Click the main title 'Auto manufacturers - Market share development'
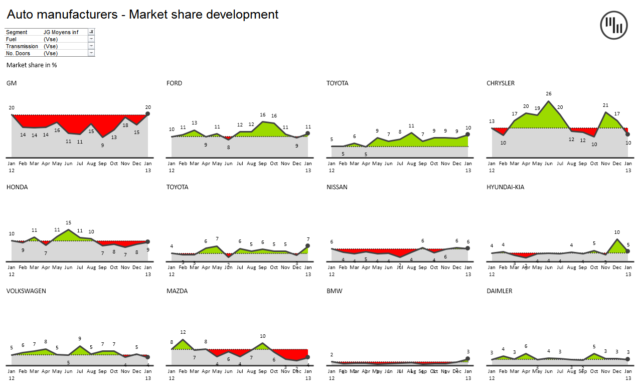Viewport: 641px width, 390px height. pos(142,15)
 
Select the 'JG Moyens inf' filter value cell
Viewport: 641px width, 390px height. pos(61,32)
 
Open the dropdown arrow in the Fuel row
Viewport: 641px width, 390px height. pos(91,39)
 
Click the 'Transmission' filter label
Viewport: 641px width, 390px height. pos(22,46)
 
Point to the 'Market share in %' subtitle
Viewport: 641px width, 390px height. pos(32,65)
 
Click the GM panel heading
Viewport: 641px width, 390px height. pos(12,83)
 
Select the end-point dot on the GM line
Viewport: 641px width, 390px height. pos(147,114)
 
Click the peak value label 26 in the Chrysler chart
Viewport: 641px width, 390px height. pos(549,94)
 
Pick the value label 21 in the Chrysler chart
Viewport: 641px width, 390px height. pos(605,105)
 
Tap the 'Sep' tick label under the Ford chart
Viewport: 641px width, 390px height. pos(263,164)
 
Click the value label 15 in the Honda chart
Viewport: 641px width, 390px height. pos(68,223)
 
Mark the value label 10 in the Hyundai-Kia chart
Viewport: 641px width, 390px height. pos(617,232)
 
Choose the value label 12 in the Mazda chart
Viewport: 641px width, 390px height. pos(183,332)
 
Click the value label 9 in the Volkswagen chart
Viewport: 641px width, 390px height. pos(80,339)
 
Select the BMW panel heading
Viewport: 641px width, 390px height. pos(334,291)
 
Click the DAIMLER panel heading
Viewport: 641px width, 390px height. pos(499,291)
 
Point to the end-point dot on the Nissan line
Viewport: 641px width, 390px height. pos(467,248)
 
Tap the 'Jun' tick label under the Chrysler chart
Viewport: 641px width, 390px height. pos(549,164)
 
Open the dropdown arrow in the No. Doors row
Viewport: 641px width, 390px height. pos(91,53)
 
